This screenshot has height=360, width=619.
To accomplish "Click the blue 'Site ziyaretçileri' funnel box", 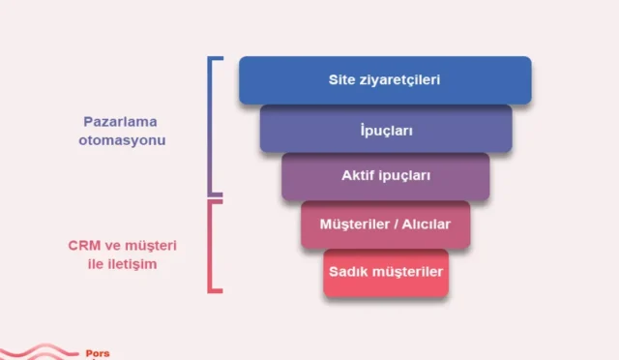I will (x=385, y=79).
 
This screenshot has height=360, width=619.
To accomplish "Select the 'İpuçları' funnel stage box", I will (x=385, y=128).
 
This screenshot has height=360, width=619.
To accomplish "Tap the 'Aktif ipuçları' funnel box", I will (x=385, y=176).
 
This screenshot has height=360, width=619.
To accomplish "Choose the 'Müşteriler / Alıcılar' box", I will (x=385, y=225).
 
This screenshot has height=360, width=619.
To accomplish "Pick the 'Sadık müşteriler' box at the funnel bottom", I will (x=385, y=272).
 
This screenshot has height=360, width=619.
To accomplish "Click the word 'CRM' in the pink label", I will (x=84, y=245).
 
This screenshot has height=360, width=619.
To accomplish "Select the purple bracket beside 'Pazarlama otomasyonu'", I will (x=214, y=126).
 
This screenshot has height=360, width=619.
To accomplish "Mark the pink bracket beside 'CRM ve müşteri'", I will (x=214, y=245).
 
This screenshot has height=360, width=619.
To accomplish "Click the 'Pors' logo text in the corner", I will (x=98, y=353).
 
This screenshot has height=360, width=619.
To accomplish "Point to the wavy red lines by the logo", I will (x=39, y=352).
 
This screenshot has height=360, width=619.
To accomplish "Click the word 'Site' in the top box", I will (x=342, y=79).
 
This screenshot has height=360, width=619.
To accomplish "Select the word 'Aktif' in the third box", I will (x=357, y=176).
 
